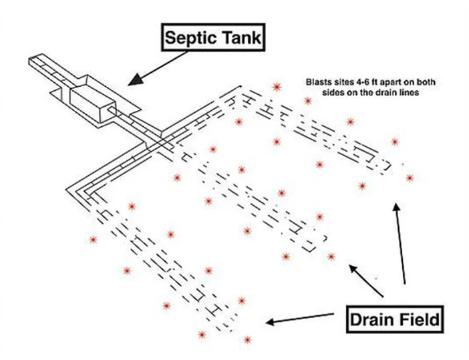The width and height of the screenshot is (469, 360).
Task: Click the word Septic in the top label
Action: [188, 37]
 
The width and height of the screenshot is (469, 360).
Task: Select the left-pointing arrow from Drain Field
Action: [301, 317]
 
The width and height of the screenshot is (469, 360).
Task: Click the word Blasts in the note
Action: [315, 82]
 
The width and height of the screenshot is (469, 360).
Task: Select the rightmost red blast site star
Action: [410, 178]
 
